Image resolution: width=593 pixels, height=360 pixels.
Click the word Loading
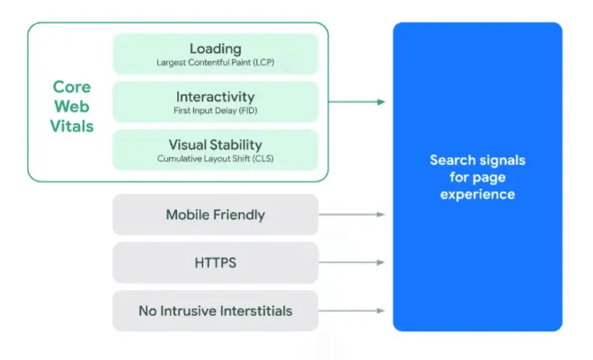click(216, 48)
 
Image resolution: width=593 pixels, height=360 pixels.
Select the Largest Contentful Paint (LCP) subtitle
click(216, 62)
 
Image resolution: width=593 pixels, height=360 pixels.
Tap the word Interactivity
click(216, 96)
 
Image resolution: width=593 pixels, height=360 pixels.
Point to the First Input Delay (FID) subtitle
click(216, 110)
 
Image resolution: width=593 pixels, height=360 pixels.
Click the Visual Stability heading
click(216, 145)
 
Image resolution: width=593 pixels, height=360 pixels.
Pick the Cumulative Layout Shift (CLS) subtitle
click(216, 159)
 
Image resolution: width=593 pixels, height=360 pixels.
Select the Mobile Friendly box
click(216, 215)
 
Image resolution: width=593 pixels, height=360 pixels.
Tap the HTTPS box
click(216, 263)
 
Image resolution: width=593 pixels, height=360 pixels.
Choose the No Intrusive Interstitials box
click(216, 312)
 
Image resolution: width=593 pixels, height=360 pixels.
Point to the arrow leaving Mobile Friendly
click(352, 215)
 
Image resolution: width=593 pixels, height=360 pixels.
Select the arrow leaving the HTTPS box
click(352, 263)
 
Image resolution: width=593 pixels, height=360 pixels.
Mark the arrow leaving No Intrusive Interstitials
click(352, 312)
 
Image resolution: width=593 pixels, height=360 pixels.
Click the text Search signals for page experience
click(477, 177)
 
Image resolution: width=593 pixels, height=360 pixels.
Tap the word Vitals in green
click(71, 127)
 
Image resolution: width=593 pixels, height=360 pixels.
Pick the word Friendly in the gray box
click(240, 215)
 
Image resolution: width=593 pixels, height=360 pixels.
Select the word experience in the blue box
click(477, 194)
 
